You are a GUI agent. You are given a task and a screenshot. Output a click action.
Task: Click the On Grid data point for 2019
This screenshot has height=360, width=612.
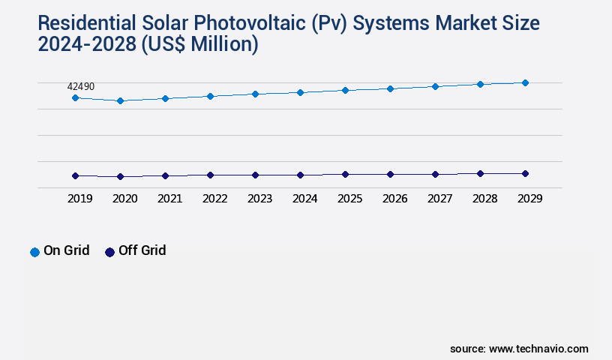coord(75,97)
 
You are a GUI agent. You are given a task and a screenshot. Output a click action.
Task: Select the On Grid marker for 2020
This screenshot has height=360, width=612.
coord(120,100)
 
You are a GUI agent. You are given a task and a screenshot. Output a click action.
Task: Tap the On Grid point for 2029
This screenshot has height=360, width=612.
coord(525,82)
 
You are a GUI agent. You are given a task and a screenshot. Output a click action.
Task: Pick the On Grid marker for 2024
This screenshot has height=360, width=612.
coord(300,92)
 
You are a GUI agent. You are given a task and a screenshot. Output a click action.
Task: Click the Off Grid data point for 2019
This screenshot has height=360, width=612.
coord(75,175)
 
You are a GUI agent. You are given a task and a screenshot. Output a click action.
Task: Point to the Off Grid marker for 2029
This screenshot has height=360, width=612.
coord(525,173)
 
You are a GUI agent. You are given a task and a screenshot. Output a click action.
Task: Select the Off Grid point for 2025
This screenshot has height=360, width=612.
coord(345,174)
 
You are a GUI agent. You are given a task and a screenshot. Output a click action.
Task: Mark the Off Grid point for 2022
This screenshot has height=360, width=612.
coord(210,175)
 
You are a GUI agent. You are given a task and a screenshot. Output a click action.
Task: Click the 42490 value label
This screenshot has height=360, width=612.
coord(81,87)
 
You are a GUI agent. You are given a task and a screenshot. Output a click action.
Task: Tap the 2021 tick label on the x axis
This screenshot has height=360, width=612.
coord(169,199)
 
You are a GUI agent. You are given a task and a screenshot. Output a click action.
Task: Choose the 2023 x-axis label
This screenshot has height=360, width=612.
coord(259,199)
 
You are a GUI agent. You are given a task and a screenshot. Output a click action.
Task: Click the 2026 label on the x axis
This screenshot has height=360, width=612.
coord(394,199)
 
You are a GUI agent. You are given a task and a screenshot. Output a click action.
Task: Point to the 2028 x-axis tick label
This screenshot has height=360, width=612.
coord(484,199)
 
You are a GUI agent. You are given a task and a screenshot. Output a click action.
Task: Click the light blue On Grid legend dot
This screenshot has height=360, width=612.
coord(34,252)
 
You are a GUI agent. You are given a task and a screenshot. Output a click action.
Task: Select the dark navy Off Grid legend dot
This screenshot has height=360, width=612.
coord(109,252)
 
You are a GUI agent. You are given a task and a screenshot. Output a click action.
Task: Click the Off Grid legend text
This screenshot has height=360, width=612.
coord(142,250)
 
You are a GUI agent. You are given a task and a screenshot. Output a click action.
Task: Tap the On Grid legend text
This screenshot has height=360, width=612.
coord(66,250)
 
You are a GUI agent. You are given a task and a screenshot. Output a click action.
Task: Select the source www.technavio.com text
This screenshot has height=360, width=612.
coord(519,349)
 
